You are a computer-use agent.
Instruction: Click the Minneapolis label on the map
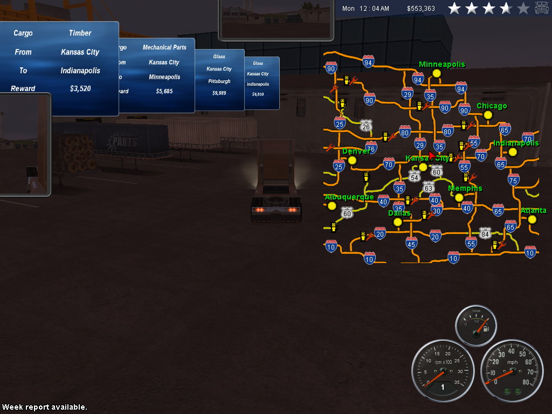pyautogui.click(x=441, y=64)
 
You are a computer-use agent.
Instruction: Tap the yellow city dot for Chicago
pyautogui.click(x=488, y=115)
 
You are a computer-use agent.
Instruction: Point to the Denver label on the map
pyautogui.click(x=356, y=151)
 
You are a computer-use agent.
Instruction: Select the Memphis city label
pyautogui.click(x=465, y=188)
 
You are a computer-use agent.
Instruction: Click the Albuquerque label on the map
pyautogui.click(x=349, y=197)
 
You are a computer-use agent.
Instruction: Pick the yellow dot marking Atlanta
pyautogui.click(x=532, y=219)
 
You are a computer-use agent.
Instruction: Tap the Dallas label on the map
pyautogui.click(x=399, y=213)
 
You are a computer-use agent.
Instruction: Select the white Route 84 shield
pyautogui.click(x=485, y=233)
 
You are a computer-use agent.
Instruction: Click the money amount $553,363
pyautogui.click(x=421, y=9)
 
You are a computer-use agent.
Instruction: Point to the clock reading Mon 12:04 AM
pyautogui.click(x=365, y=9)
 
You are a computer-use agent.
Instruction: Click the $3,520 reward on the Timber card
pyautogui.click(x=80, y=89)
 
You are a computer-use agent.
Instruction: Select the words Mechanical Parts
pyautogui.click(x=164, y=47)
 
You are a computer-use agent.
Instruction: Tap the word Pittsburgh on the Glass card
pyautogui.click(x=219, y=81)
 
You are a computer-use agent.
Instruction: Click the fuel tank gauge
pyautogui.click(x=476, y=325)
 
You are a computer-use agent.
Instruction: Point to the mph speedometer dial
pyautogui.click(x=512, y=370)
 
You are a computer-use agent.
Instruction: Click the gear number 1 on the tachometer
pyautogui.click(x=443, y=387)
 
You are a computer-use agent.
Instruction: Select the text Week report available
pyautogui.click(x=44, y=407)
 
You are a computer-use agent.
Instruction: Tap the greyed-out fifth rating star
pyautogui.click(x=523, y=9)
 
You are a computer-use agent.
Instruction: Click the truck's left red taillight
pyautogui.click(x=259, y=209)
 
